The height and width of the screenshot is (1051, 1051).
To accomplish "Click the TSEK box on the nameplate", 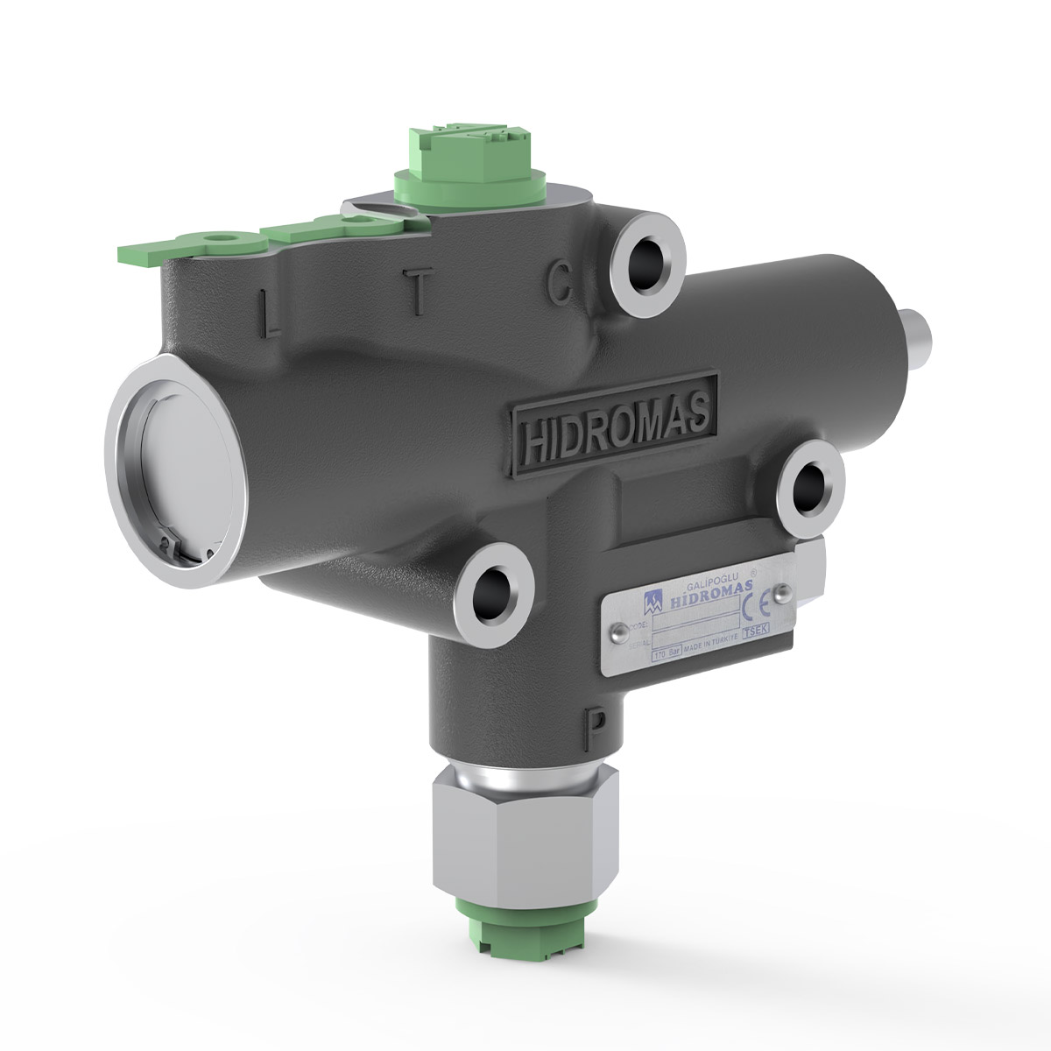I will [x=755, y=632].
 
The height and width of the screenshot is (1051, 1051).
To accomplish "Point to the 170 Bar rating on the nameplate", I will [x=668, y=652].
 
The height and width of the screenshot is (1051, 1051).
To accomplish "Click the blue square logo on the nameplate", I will [x=653, y=603].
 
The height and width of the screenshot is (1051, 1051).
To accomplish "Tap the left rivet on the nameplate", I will [x=619, y=632].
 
